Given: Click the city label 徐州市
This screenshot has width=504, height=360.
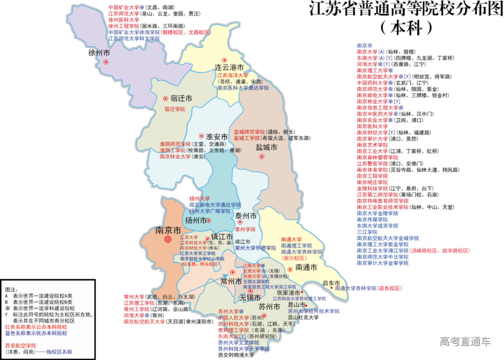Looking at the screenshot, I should coord(99,53).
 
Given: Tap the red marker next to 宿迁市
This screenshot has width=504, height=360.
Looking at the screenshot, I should coord(165,99).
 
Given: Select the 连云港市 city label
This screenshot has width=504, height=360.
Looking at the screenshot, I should coord(229,67).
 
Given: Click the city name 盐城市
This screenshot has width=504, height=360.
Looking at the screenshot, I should coord(266,148).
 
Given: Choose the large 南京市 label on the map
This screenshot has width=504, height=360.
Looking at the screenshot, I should coord(168,231).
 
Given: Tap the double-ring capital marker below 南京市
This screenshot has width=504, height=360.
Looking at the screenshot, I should coord(168,240).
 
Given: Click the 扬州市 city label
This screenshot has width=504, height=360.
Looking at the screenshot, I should coord(196,220).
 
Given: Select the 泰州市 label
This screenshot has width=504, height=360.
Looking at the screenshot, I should coord(245,216).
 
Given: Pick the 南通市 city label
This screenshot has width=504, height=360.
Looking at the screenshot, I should coord(306,268).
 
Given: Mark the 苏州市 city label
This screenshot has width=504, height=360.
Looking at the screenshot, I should coord(269,307).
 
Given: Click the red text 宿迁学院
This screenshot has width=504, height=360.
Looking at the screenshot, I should coord(175,109).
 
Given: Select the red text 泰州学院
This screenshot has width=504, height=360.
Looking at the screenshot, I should coord(245,230).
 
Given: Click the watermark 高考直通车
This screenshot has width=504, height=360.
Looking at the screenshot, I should coord(465,342).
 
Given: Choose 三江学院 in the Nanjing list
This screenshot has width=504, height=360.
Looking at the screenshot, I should coord(367,232).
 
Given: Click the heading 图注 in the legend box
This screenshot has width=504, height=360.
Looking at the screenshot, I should coord(11,289).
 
